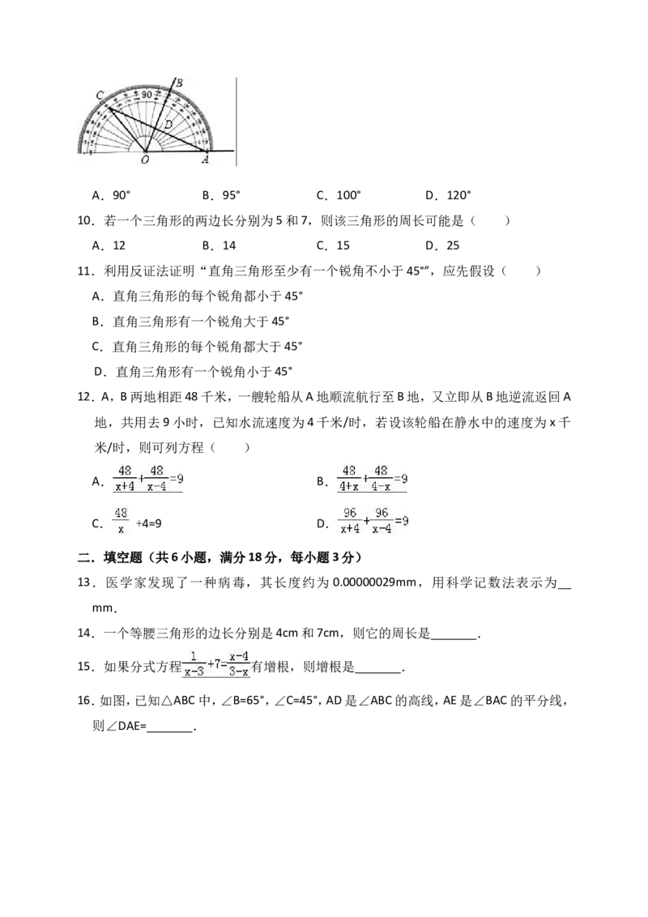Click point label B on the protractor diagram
point(180,83)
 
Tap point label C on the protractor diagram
point(100,96)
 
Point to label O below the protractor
point(144,159)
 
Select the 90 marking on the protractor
point(147,94)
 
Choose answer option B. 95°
point(222,195)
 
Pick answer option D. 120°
point(448,195)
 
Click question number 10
point(86,220)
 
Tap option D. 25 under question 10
point(442,245)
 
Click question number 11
point(86,271)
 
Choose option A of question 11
point(198,296)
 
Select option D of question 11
point(193,371)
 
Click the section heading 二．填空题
point(110,557)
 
